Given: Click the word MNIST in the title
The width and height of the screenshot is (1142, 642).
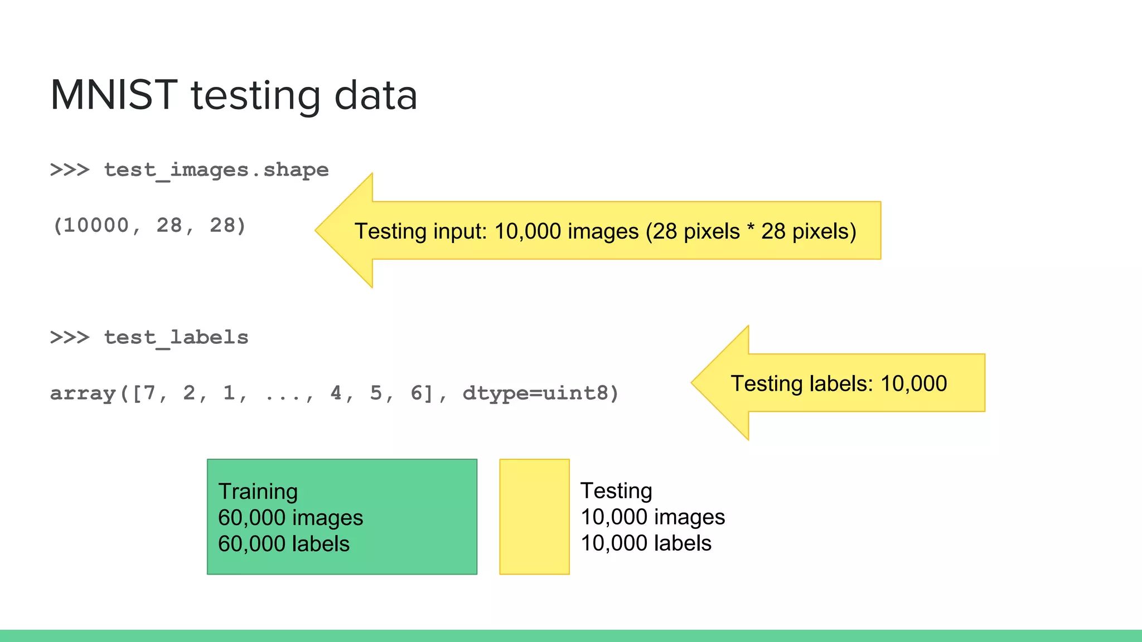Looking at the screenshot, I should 114,95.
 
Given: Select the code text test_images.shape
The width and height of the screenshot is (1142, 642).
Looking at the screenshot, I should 216,169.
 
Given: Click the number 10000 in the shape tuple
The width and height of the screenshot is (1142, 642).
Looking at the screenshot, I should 96,226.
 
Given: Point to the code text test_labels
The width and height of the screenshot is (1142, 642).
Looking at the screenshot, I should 176,337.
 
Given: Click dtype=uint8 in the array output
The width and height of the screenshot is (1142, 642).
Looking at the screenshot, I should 535,393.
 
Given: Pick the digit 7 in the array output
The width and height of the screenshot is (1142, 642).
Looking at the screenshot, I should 149,393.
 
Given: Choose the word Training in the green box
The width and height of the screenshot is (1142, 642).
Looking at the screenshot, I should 258,492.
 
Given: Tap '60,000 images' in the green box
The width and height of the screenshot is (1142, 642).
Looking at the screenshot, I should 291,518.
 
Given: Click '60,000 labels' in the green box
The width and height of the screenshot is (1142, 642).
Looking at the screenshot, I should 284,544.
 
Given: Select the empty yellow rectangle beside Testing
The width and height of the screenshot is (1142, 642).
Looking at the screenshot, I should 534,517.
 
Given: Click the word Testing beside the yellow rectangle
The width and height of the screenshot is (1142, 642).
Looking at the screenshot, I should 616,491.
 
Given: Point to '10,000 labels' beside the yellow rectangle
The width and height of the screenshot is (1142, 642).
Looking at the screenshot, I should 646,543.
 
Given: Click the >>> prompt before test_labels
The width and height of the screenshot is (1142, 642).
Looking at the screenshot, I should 70,337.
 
